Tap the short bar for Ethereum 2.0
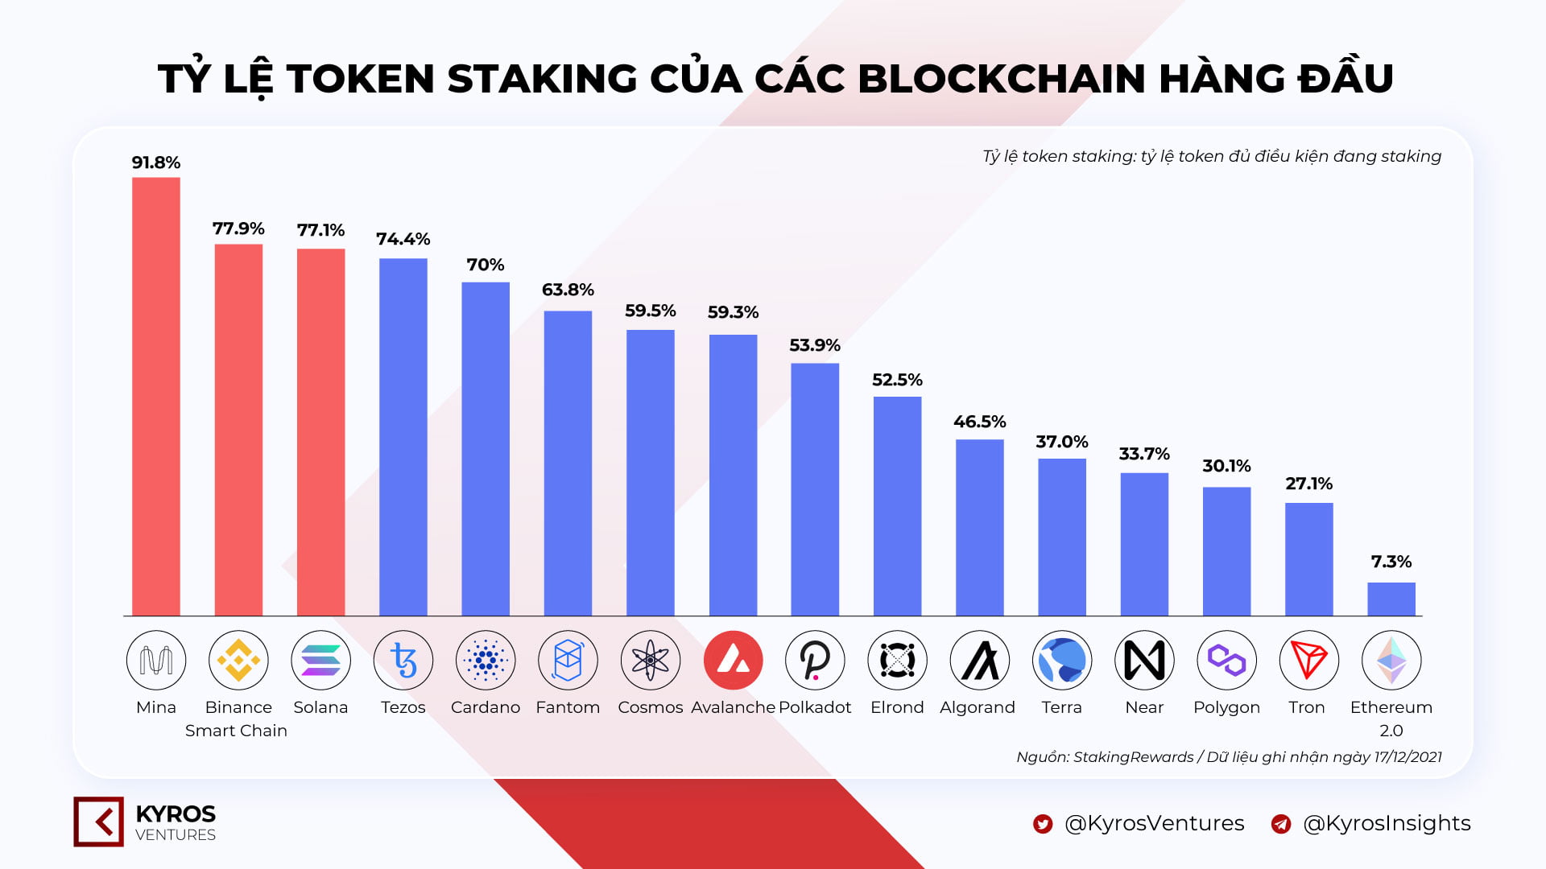click(x=1391, y=599)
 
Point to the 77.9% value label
click(x=238, y=229)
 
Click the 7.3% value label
click(x=1391, y=562)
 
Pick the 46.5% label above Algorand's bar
click(x=979, y=422)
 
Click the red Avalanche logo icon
click(x=733, y=660)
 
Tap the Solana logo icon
click(x=320, y=660)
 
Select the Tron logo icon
click(x=1308, y=660)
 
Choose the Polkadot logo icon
click(x=815, y=660)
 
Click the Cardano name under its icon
click(x=486, y=707)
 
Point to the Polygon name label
click(x=1226, y=707)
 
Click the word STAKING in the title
click(x=542, y=79)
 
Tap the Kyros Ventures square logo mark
click(x=99, y=822)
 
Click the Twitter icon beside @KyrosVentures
click(x=1043, y=824)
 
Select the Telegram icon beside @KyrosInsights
click(x=1280, y=824)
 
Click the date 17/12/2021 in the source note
click(x=1408, y=757)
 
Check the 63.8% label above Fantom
click(x=568, y=290)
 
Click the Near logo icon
click(x=1144, y=660)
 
